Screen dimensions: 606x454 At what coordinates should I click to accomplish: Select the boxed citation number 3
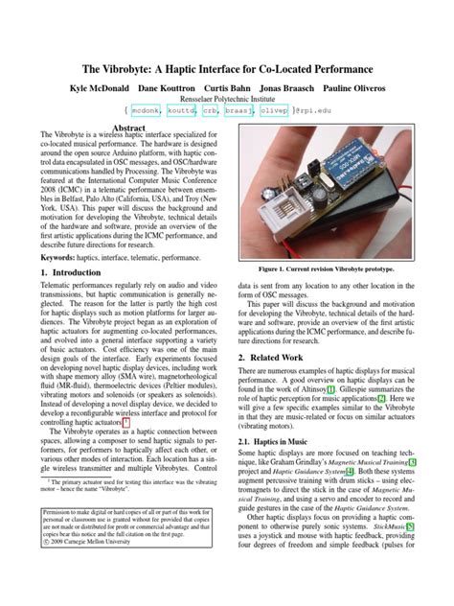412,461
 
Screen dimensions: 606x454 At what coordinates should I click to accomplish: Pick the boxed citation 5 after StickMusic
410,526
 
